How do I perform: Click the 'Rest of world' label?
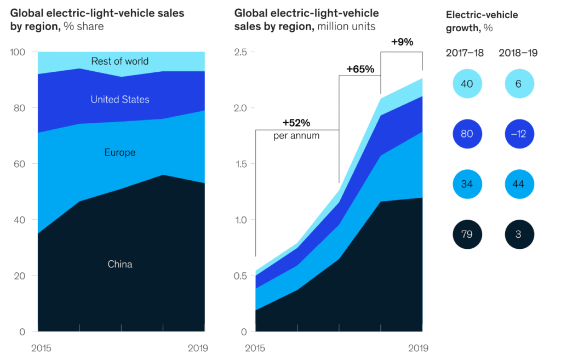pyautogui.click(x=119, y=61)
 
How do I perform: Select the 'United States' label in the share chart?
pyautogui.click(x=119, y=99)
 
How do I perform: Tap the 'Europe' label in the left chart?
pyautogui.click(x=119, y=152)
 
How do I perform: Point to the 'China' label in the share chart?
pyautogui.click(x=119, y=264)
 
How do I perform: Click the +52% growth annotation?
pyautogui.click(x=296, y=122)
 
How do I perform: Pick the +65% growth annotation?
pyautogui.click(x=360, y=69)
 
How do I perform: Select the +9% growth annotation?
pyautogui.click(x=402, y=42)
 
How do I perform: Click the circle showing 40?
pyautogui.click(x=467, y=84)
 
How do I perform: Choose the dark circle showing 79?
pyautogui.click(x=467, y=235)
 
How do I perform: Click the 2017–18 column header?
pyautogui.click(x=465, y=53)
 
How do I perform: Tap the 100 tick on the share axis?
pyautogui.click(x=19, y=52)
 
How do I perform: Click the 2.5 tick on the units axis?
pyautogui.click(x=241, y=52)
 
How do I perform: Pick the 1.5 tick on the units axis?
pyautogui.click(x=241, y=164)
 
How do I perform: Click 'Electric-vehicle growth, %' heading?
pyautogui.click(x=482, y=21)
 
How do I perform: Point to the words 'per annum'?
pyautogui.click(x=296, y=135)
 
